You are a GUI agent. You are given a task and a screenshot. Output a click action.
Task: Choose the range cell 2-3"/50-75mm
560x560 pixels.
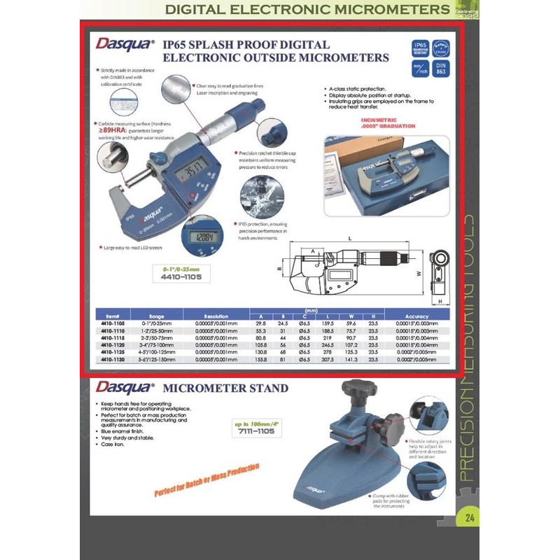pyautogui.click(x=157, y=337)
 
